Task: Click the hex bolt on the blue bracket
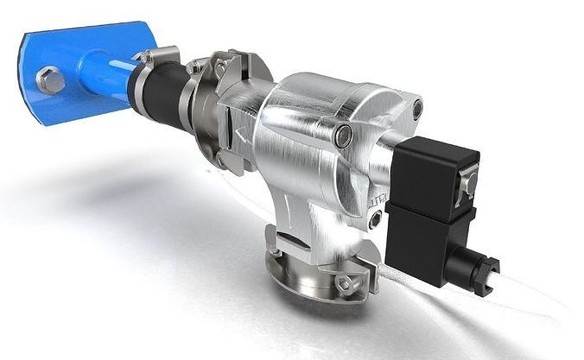point(50,81)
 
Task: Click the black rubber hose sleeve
point(160,90)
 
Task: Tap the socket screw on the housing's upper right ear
point(417,109)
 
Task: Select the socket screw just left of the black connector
point(374,220)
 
